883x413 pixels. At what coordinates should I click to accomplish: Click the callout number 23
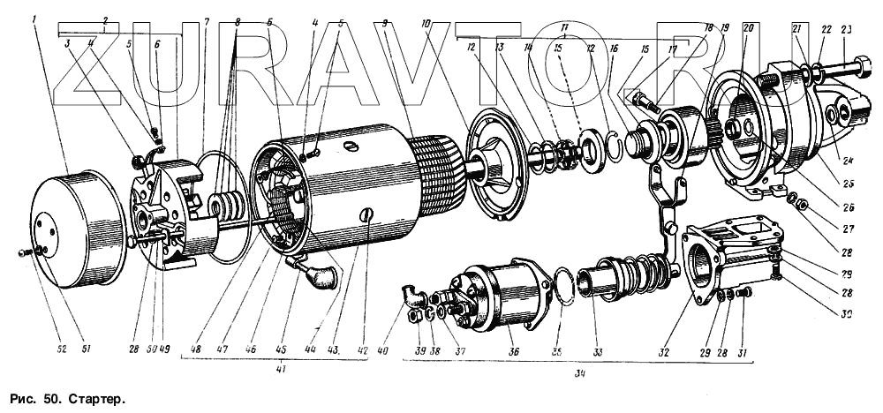(847, 28)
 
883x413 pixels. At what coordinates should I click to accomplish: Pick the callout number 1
(34, 19)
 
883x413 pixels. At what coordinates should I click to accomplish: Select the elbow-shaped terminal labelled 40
(408, 295)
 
